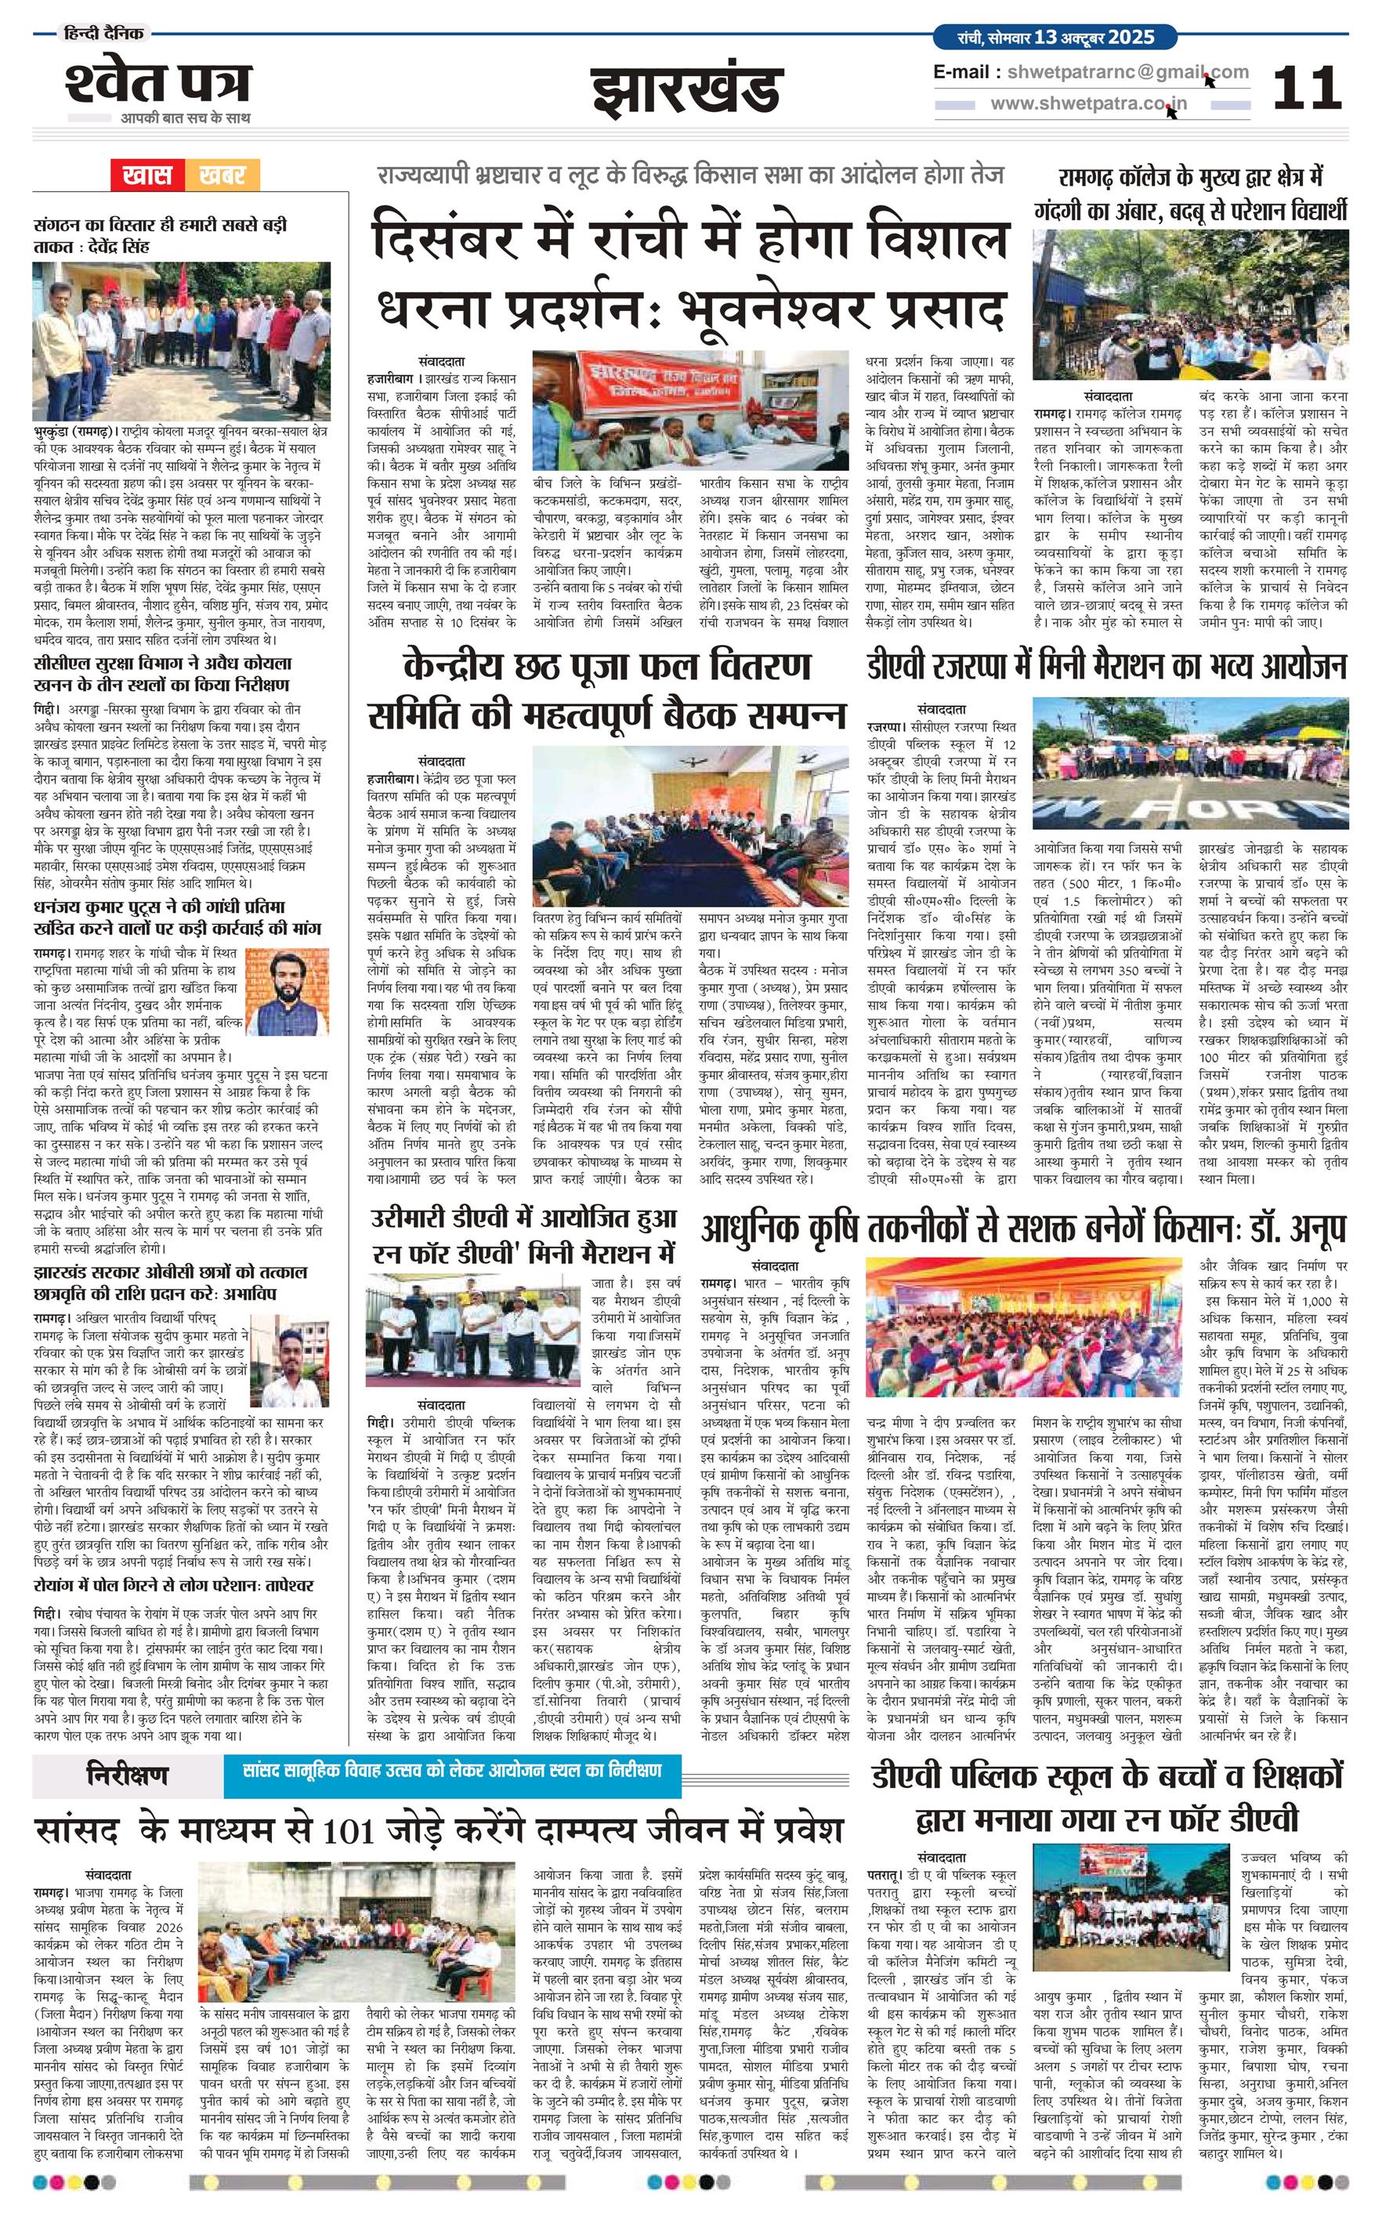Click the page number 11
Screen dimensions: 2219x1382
pyautogui.click(x=1307, y=88)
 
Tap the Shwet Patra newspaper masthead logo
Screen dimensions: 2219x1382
pyautogui.click(x=157, y=85)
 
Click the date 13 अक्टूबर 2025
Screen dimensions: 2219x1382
pyautogui.click(x=1094, y=38)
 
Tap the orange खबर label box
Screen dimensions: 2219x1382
pyautogui.click(x=222, y=176)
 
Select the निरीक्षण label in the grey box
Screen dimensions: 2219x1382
pyautogui.click(x=127, y=1775)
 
